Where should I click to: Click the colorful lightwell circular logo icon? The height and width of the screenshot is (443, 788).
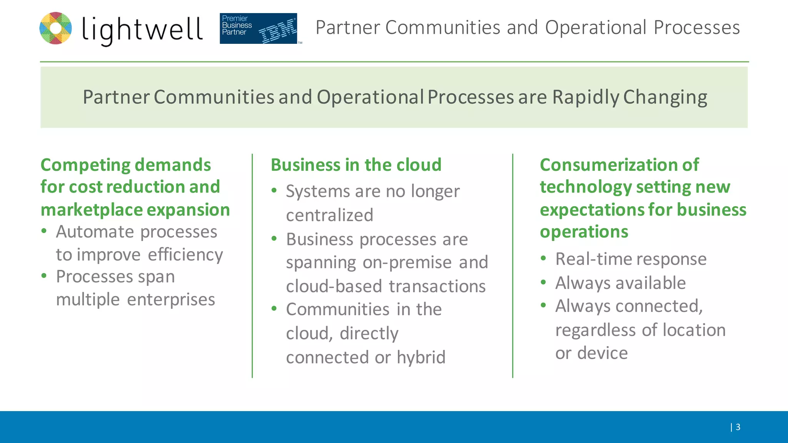pyautogui.click(x=56, y=28)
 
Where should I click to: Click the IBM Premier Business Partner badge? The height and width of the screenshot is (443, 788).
pyautogui.click(x=258, y=28)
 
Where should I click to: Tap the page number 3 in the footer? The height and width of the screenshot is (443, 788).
pyautogui.click(x=738, y=427)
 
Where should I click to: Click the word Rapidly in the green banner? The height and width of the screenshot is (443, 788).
pyautogui.click(x=586, y=97)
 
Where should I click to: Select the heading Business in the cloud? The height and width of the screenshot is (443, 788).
pyautogui.click(x=356, y=165)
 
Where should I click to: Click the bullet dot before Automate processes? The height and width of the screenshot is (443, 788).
pyautogui.click(x=44, y=231)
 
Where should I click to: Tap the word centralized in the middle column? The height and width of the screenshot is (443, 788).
pyautogui.click(x=329, y=215)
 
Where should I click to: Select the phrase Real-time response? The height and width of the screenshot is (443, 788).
pyautogui.click(x=631, y=259)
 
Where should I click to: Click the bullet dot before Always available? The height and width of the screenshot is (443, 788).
pyautogui.click(x=543, y=282)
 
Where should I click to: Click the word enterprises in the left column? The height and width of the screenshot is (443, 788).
pyautogui.click(x=171, y=300)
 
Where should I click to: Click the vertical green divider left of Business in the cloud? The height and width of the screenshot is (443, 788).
pyautogui.click(x=252, y=265)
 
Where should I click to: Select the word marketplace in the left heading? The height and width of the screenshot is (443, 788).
pyautogui.click(x=92, y=210)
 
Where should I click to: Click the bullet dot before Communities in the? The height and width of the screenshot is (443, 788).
pyautogui.click(x=274, y=308)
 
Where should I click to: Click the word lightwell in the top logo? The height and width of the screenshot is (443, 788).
pyautogui.click(x=142, y=30)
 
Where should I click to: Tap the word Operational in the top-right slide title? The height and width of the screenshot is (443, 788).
pyautogui.click(x=596, y=28)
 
